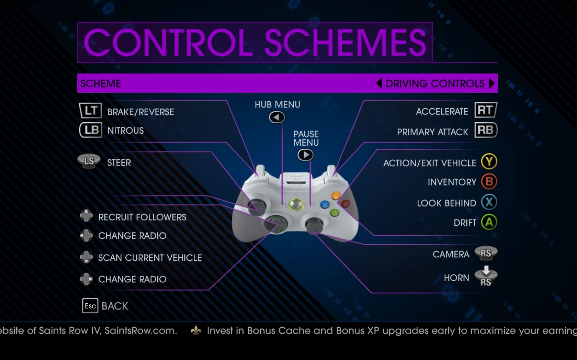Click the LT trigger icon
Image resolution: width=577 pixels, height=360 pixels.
[x=90, y=111]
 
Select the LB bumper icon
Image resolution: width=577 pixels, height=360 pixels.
[x=91, y=130]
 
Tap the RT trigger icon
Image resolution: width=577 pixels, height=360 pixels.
[x=486, y=110]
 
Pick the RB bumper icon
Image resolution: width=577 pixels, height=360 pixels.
[x=486, y=130]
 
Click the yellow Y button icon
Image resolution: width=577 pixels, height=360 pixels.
[x=489, y=161]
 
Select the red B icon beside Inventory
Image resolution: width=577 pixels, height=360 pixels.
[x=489, y=182]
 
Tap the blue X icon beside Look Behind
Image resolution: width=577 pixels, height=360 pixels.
[x=489, y=202]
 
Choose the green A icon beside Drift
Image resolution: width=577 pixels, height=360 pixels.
[x=489, y=222]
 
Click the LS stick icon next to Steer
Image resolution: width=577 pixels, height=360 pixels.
[x=89, y=161]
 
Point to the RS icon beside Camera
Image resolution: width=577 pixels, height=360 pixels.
[x=486, y=253]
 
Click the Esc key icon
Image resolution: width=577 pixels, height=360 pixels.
[x=90, y=306]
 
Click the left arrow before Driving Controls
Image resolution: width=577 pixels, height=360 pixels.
[x=379, y=83]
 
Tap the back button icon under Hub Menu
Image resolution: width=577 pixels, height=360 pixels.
[x=277, y=117]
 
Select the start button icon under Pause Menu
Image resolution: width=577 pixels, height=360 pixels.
[x=306, y=155]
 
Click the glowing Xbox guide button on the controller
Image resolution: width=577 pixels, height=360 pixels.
[x=296, y=205]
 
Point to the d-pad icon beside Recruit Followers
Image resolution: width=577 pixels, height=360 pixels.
[x=86, y=216]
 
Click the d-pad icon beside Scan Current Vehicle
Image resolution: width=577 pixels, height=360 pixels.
[x=86, y=257]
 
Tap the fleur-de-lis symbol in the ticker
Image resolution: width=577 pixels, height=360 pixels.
[x=196, y=330]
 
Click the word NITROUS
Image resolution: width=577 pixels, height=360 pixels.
[x=125, y=131]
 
